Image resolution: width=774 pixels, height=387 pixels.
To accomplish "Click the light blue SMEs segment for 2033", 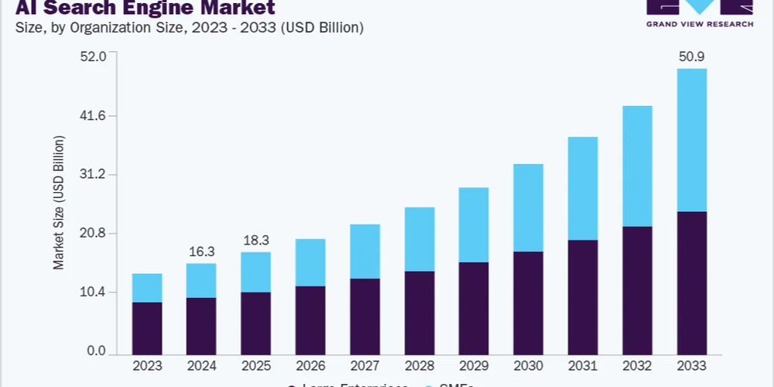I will coord(691,140).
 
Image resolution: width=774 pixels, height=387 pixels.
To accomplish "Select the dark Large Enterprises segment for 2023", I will coord(147,328).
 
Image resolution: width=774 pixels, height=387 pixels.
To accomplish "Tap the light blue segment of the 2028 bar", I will coord(420,239).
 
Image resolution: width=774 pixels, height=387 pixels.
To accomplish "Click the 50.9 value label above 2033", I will coord(691,57).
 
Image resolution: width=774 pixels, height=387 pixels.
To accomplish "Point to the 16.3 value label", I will coord(201,252).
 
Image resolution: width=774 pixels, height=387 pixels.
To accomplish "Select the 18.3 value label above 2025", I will coord(255,240).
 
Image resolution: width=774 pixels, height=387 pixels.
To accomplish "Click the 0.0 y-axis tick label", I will coord(96,351).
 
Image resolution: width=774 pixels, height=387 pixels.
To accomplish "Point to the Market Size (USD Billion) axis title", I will coord(59,203).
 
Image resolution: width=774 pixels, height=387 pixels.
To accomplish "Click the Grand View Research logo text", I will coord(700,23).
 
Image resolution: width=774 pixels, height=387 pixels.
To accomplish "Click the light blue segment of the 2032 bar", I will coord(637,166).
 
